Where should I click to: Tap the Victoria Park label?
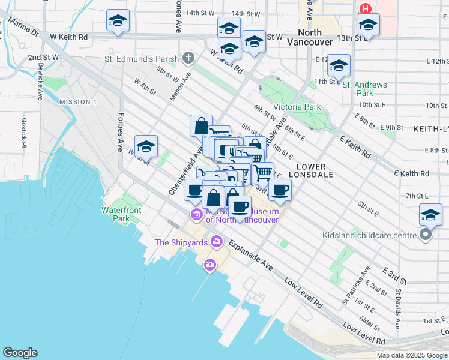(297, 107)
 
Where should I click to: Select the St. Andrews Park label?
(364, 89)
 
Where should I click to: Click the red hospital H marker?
(365, 9)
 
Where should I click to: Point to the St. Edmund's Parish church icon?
(188, 58)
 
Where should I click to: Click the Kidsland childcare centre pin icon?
(426, 235)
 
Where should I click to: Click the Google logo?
(20, 353)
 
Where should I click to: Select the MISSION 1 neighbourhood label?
(78, 102)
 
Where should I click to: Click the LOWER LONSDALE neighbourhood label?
(311, 171)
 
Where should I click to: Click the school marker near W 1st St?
(146, 146)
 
